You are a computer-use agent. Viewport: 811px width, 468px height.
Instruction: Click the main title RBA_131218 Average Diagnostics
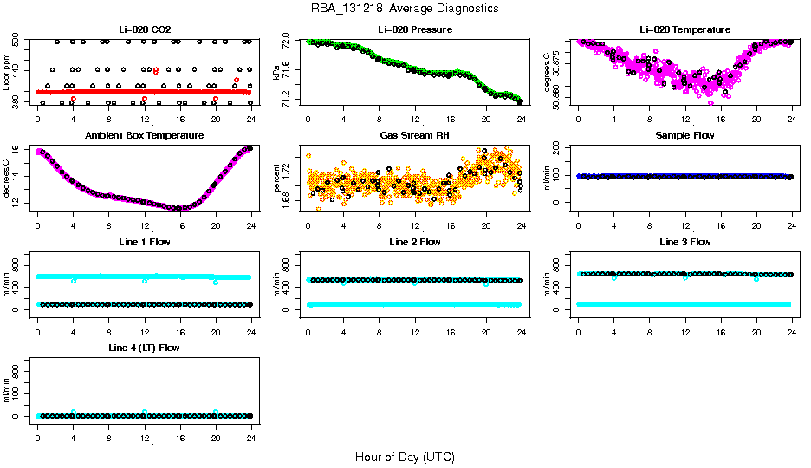tap(405, 9)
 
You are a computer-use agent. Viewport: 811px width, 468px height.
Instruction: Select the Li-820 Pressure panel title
tap(414, 29)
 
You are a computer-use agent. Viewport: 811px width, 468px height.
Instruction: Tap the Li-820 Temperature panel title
tap(684, 29)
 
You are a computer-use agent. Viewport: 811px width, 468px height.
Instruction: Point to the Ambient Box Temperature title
tap(144, 136)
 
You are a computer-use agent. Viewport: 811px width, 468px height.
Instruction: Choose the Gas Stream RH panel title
tap(414, 136)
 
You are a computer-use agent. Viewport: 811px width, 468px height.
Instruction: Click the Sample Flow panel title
tap(684, 136)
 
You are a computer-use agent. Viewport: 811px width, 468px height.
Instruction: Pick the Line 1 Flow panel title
tap(144, 242)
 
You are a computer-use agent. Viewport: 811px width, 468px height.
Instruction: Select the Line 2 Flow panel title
tap(414, 242)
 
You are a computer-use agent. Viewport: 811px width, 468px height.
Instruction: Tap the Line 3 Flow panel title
tap(684, 242)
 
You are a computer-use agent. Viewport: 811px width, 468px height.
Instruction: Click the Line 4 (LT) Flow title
tap(144, 348)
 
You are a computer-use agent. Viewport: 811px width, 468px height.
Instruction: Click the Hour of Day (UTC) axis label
tap(405, 457)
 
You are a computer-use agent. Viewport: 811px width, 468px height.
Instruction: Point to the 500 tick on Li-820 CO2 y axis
tap(15, 42)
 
